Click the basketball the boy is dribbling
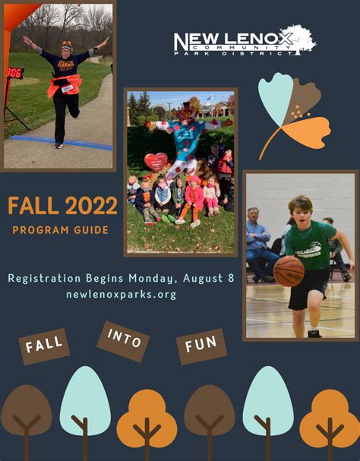(289, 270)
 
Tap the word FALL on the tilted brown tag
(44, 346)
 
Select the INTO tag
(124, 339)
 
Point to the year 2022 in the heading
(91, 206)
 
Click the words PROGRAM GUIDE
(60, 229)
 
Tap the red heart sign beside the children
(156, 162)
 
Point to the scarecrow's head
(185, 115)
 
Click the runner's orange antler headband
(66, 45)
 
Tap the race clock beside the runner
(14, 72)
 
